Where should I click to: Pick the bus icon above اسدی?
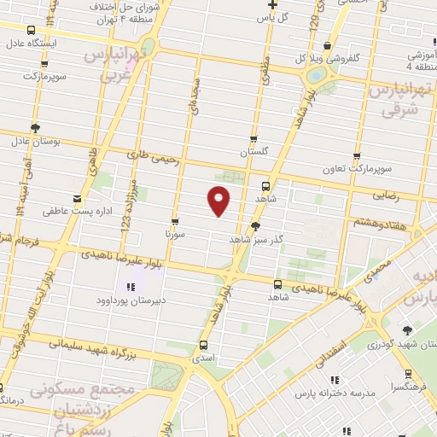(203, 346)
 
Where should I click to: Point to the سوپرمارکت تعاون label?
(356, 167)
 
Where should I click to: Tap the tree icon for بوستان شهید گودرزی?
(407, 330)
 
